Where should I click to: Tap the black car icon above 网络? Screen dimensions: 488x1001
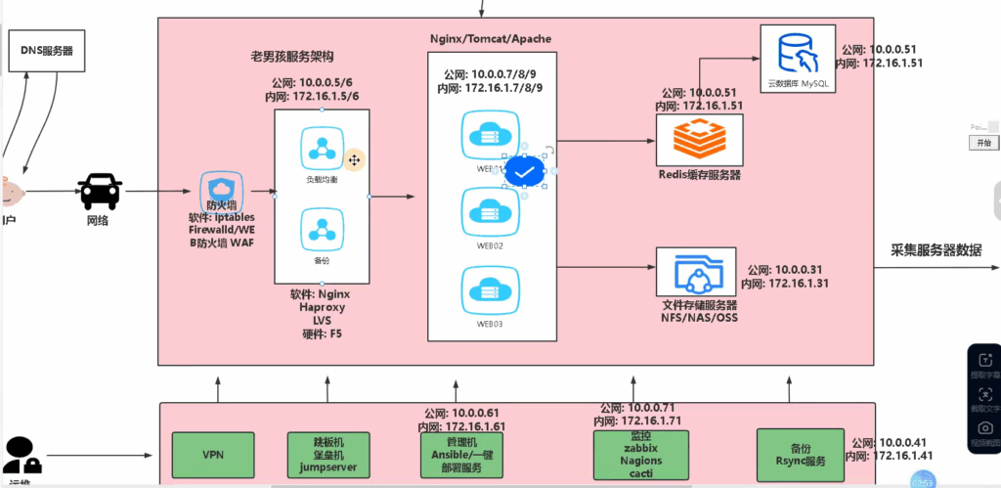coord(101,190)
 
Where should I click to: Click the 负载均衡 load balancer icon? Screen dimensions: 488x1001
coord(321,149)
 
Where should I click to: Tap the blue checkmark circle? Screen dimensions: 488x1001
coord(525,173)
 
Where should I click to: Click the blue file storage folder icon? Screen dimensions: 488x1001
coord(699,274)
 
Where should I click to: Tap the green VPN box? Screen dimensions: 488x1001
coord(213,455)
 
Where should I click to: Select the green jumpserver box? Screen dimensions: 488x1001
coord(328,455)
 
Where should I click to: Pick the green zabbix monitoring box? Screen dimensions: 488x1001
coord(636,455)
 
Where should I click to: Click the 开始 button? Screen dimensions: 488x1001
coord(982,143)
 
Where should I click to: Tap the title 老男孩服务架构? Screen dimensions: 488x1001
coord(291,60)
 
